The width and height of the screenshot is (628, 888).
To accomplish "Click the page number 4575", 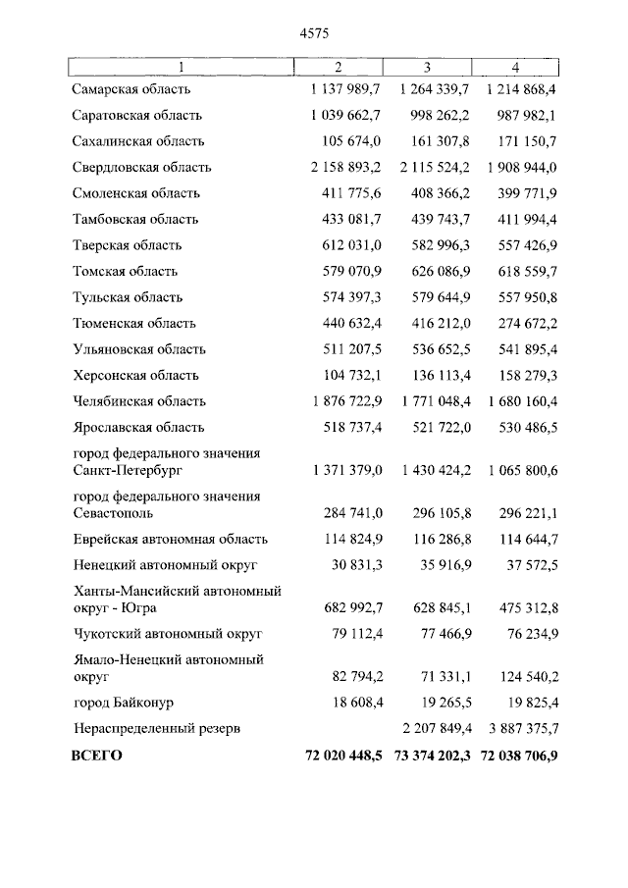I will pyautogui.click(x=313, y=32).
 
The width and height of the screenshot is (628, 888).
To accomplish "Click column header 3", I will pyautogui.click(x=427, y=67).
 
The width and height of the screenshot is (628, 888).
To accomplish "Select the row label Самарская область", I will pyautogui.click(x=131, y=89).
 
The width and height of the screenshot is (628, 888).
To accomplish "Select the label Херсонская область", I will pyautogui.click(x=135, y=376).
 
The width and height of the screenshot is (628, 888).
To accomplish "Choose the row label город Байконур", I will pyautogui.click(x=122, y=704).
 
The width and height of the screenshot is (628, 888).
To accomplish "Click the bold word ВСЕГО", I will pyautogui.click(x=96, y=757).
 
